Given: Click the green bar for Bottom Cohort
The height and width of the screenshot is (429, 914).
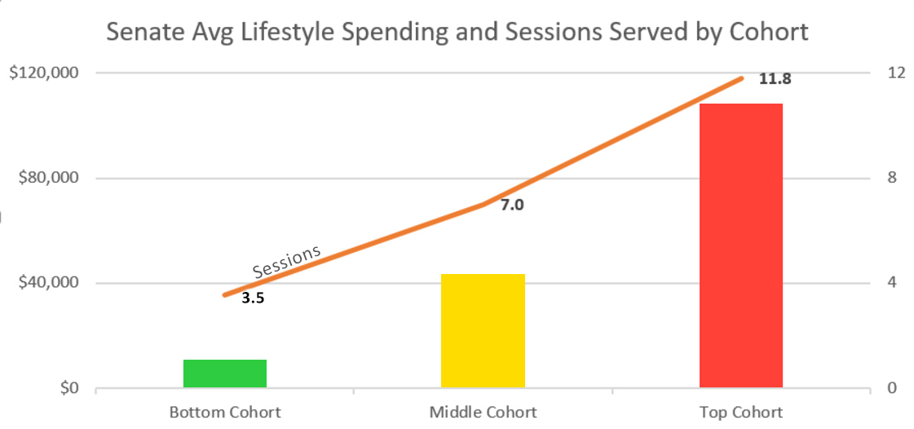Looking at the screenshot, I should click(x=225, y=374).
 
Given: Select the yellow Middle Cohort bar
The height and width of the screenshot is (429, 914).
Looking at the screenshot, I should click(x=483, y=331).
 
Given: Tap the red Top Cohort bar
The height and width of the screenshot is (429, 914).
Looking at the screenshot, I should click(x=740, y=245).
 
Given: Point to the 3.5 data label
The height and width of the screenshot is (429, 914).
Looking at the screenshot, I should click(x=254, y=299).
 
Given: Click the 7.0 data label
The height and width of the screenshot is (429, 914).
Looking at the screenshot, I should click(x=511, y=206).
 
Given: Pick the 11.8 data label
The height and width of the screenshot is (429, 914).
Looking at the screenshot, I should click(x=775, y=80).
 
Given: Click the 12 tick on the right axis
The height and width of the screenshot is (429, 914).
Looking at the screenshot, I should click(x=896, y=73).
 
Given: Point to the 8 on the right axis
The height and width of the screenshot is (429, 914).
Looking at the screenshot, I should click(x=892, y=178).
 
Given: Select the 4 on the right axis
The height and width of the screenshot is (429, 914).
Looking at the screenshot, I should click(x=892, y=283).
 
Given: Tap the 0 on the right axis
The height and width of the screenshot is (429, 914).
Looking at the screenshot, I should click(x=892, y=388).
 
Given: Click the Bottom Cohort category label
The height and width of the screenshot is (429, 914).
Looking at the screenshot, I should click(x=225, y=412).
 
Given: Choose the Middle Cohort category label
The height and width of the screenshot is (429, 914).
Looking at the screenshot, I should click(x=483, y=412).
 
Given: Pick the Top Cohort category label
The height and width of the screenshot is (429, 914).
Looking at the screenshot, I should click(x=740, y=412).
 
